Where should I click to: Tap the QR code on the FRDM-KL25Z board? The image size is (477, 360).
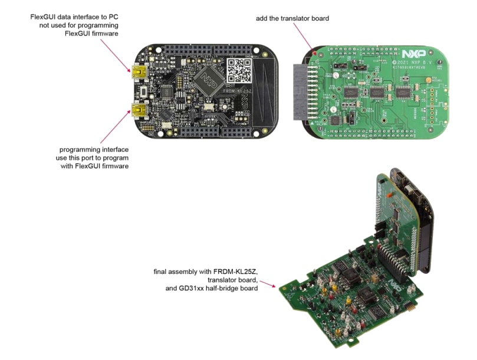pyautogui.click(x=239, y=70)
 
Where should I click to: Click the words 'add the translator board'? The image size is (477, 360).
pyautogui.click(x=292, y=18)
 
